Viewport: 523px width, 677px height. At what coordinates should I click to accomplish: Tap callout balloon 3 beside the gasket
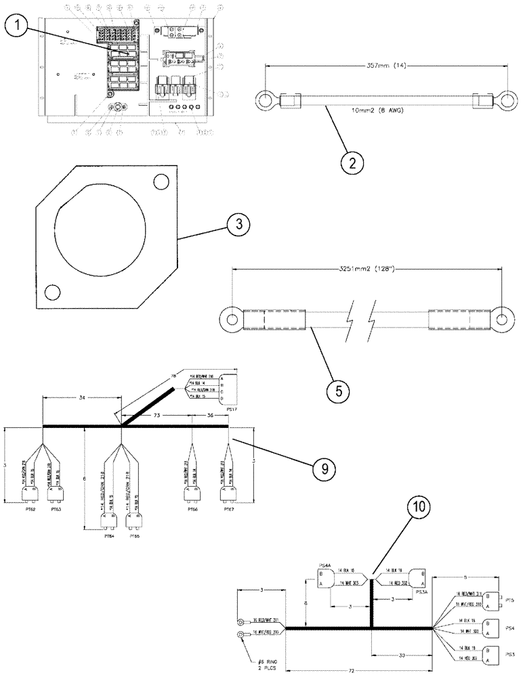coord(234,225)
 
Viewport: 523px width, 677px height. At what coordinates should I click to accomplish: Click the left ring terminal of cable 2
coord(263,102)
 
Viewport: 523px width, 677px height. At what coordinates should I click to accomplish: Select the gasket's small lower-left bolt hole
coord(52,292)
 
